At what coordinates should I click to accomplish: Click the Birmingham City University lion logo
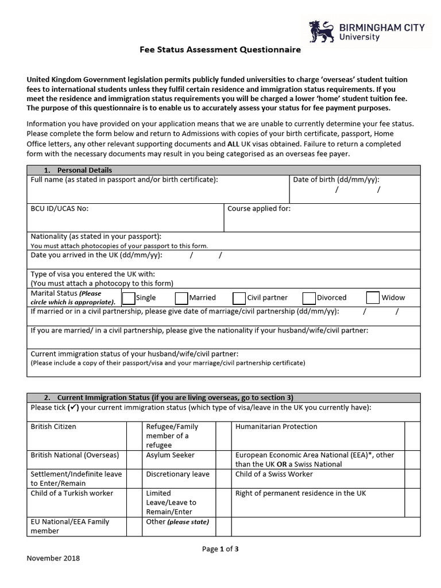[320, 31]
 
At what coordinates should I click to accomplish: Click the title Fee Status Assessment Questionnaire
[220, 50]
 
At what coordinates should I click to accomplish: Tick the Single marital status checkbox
[129, 297]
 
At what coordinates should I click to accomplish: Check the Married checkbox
[181, 297]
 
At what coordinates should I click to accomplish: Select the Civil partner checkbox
[239, 297]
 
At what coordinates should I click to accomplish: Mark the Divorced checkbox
[309, 297]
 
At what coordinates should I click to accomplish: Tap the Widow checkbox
[373, 297]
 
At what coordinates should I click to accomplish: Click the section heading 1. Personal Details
[78, 171]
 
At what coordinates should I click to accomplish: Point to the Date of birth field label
[336, 180]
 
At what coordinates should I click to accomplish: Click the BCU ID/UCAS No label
[59, 208]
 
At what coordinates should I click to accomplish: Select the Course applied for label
[259, 208]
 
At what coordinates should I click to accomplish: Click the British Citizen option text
[53, 427]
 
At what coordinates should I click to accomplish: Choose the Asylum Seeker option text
[171, 455]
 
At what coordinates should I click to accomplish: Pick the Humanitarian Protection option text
[276, 427]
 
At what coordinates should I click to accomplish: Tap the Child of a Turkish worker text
[72, 493]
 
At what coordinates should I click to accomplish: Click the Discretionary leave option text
[178, 474]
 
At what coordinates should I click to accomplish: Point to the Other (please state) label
[178, 522]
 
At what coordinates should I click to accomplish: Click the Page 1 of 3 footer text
[220, 549]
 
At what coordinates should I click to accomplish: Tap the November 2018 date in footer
[53, 558]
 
